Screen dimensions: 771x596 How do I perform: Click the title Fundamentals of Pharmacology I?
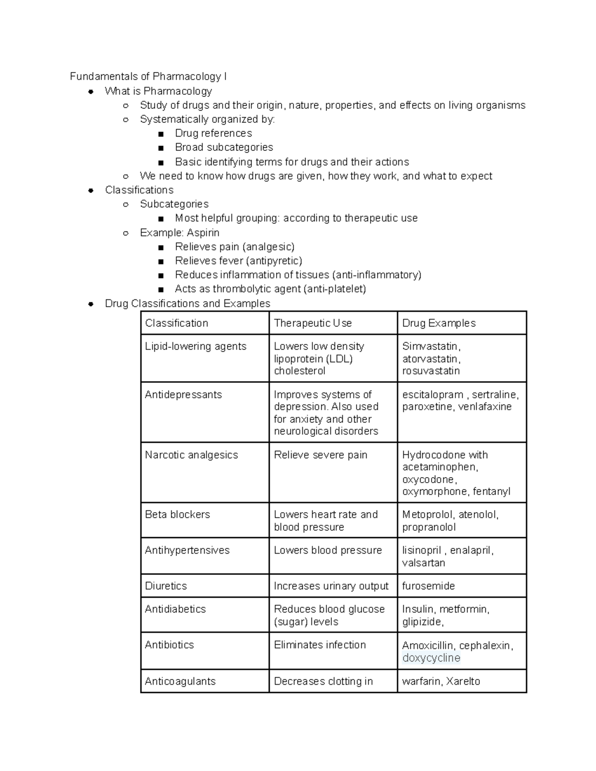[x=148, y=76]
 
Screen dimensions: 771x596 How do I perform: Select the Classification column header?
[x=176, y=323]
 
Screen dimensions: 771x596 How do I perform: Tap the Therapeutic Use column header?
[x=312, y=323]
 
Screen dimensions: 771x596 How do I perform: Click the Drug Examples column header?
[x=439, y=323]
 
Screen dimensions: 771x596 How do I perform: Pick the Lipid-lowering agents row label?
[x=195, y=347]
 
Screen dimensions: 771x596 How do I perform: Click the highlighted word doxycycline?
[x=431, y=658]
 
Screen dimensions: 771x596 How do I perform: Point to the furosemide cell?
[x=428, y=586]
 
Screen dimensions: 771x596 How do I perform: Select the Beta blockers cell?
[x=177, y=514]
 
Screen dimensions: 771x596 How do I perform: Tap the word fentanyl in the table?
[x=491, y=491]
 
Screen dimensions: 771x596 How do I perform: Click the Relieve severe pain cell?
[x=320, y=455]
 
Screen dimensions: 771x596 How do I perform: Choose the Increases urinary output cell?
[x=331, y=586]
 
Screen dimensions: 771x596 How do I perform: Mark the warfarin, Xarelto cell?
[x=441, y=681]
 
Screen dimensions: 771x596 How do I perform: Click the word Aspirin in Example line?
[x=203, y=233]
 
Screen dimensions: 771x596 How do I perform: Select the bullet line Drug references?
[x=213, y=133]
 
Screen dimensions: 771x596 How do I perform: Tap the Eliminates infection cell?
[x=319, y=645]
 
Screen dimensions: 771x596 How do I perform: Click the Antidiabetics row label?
[x=175, y=609]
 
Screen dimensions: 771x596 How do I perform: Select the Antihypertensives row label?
[x=187, y=550]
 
